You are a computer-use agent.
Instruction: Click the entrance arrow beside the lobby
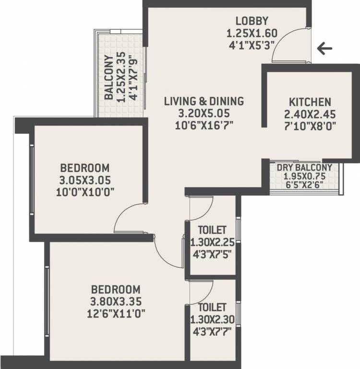(x=325, y=48)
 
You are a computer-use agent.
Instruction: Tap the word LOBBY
(x=252, y=21)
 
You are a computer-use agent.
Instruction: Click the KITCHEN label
(x=310, y=102)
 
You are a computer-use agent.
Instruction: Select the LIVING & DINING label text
(x=204, y=101)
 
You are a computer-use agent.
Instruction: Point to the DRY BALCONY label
(x=304, y=167)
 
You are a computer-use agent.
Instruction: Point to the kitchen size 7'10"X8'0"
(x=310, y=126)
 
